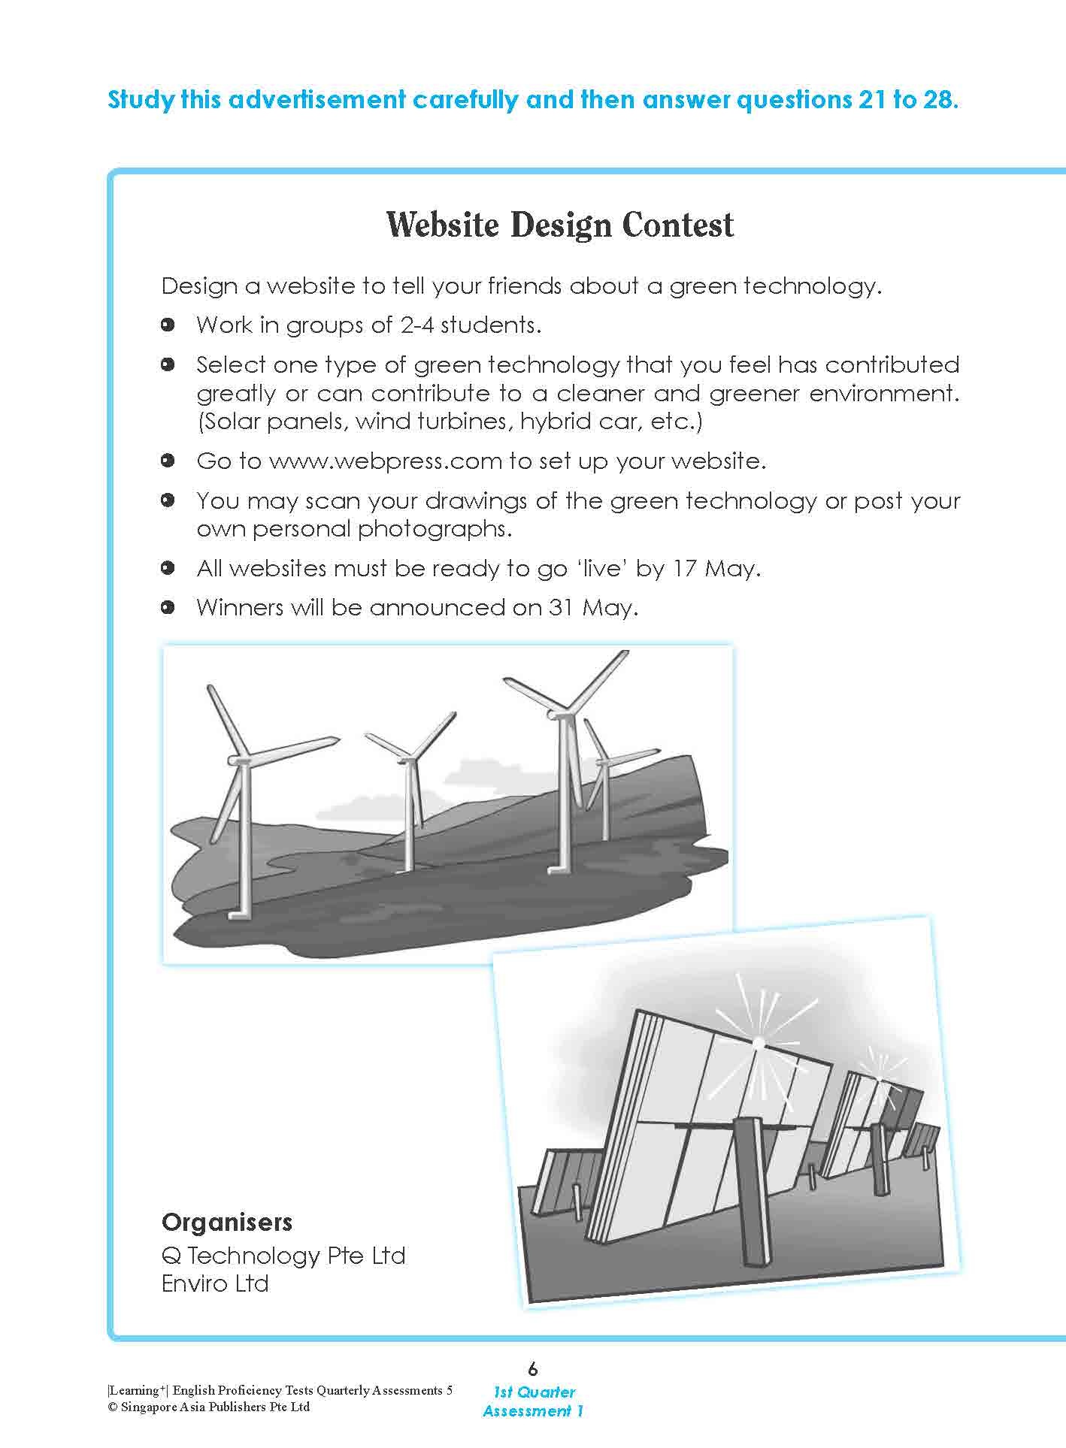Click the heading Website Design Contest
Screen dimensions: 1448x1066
[x=560, y=225]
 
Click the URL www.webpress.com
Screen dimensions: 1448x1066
[x=385, y=461]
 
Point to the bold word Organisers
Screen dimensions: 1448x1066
[x=227, y=1223]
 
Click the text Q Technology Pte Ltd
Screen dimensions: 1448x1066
[x=283, y=1256]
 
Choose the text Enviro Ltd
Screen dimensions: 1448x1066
[x=215, y=1283]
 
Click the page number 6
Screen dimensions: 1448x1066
[x=533, y=1368]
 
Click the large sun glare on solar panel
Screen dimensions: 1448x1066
[x=758, y=1043]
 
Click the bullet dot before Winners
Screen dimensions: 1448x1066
[x=168, y=607]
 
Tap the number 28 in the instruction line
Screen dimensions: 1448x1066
[x=937, y=100]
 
